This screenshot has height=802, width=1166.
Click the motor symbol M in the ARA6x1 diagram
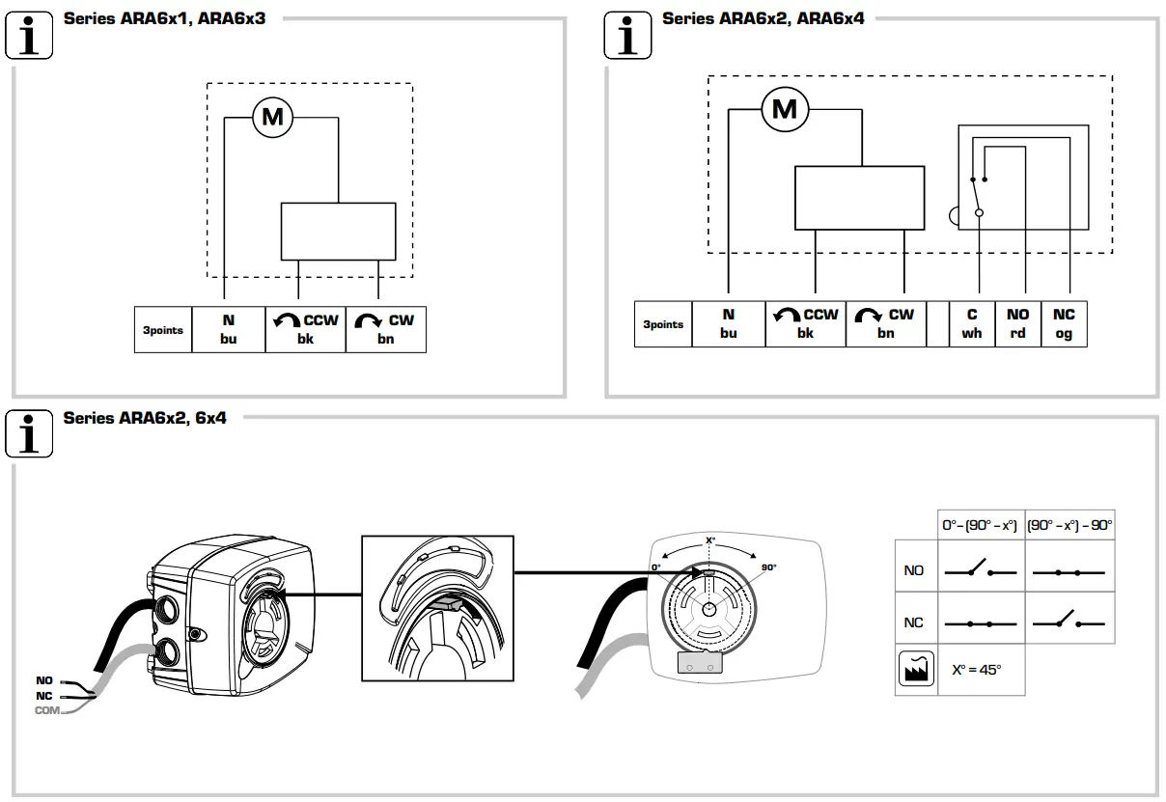tap(273, 118)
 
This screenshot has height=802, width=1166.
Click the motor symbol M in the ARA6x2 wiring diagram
tap(785, 109)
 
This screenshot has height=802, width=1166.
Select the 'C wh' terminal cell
tap(972, 324)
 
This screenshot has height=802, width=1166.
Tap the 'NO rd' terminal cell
tap(1017, 324)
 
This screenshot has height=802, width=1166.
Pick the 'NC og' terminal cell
tap(1063, 324)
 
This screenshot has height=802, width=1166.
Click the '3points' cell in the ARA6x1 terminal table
tap(163, 330)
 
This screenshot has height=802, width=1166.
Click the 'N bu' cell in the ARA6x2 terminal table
tap(728, 324)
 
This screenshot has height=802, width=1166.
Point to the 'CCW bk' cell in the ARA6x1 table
tap(306, 330)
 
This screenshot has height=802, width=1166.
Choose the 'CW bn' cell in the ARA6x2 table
tap(885, 324)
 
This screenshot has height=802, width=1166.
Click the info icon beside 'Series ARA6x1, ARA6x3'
tap(30, 36)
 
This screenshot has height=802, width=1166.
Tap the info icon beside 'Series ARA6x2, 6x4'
tap(30, 433)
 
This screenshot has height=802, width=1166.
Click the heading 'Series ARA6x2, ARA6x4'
tap(763, 18)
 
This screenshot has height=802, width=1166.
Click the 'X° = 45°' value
tap(977, 670)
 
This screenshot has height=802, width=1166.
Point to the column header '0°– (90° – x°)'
tap(980, 526)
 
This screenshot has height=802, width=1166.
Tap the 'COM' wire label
tap(45, 710)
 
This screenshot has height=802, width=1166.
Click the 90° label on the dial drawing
tap(768, 567)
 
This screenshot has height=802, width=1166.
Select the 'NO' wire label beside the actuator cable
tap(43, 681)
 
